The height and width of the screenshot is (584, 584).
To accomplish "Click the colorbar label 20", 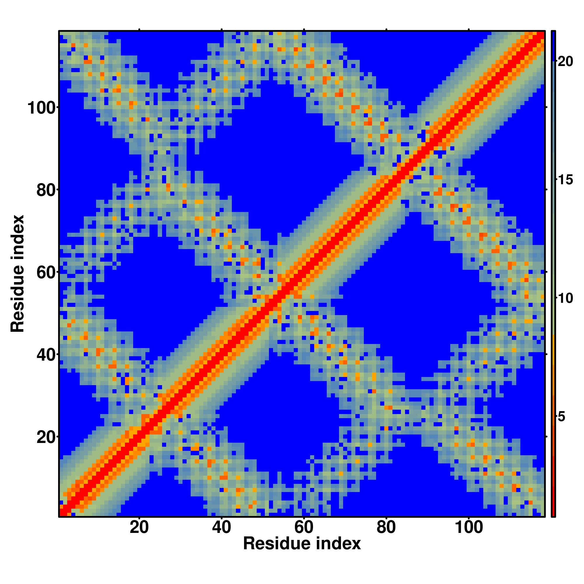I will (x=565, y=62).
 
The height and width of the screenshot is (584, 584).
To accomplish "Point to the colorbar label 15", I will (x=565, y=180).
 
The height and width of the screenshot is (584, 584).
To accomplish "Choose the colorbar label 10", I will (x=565, y=299).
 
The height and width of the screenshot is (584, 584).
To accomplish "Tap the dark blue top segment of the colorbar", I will (x=553, y=45).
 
